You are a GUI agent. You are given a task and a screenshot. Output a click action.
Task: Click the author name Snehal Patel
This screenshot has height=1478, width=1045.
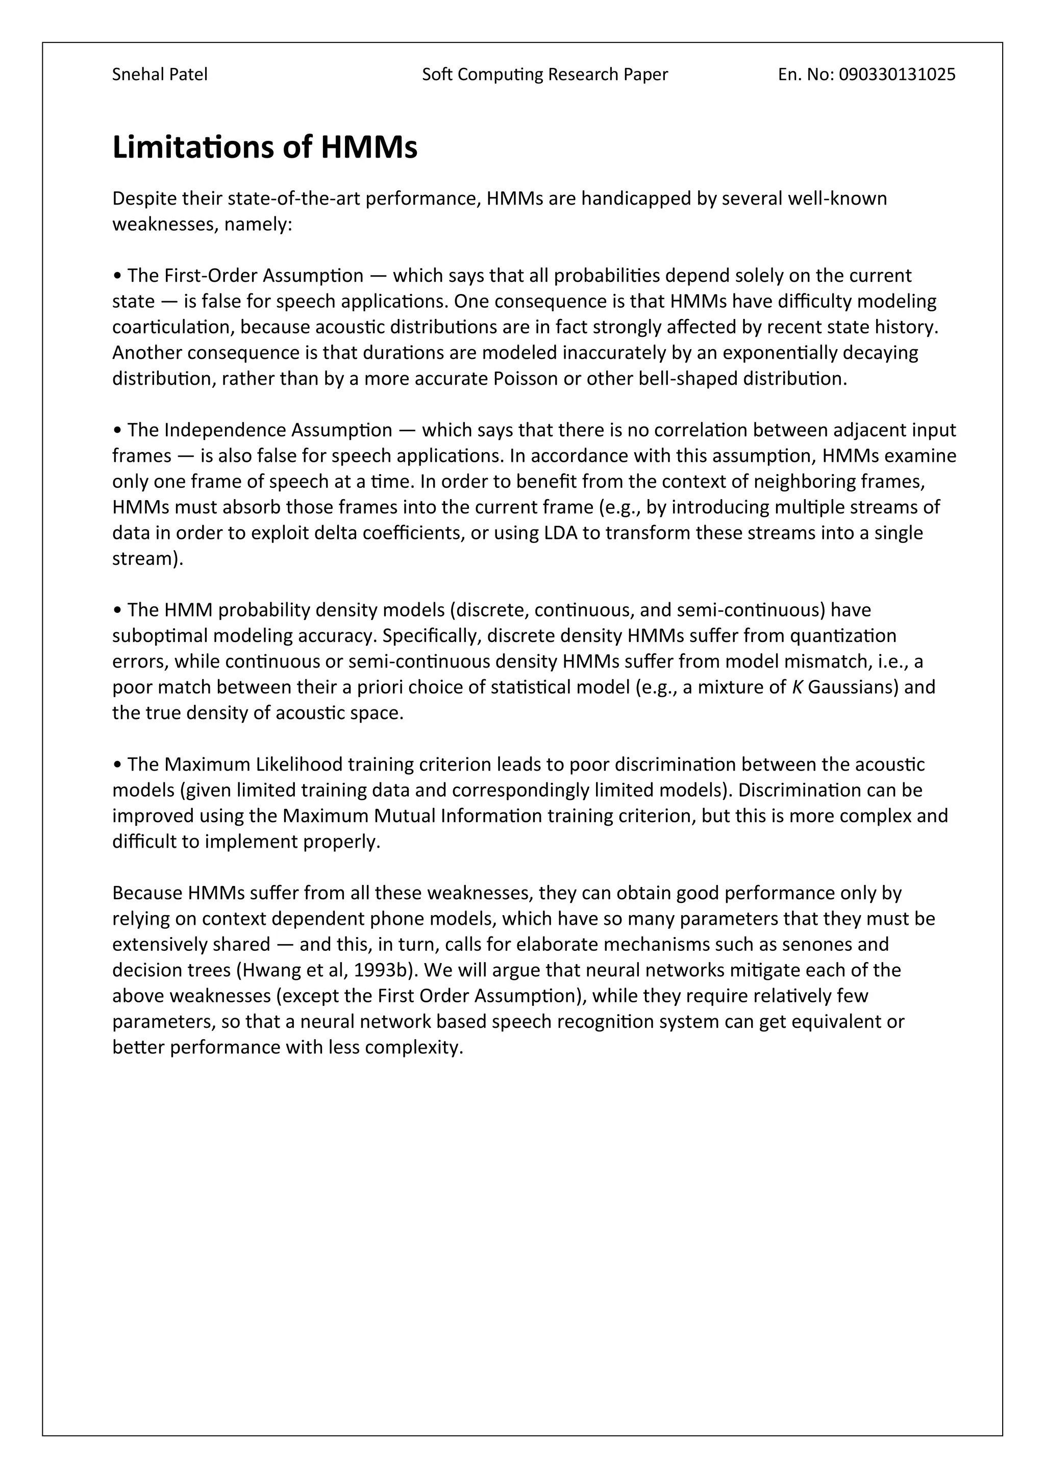click(x=160, y=75)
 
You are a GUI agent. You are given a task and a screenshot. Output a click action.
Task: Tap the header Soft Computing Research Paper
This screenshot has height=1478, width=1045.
click(x=545, y=75)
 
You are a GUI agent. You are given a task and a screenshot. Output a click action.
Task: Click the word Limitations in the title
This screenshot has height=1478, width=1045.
click(x=193, y=147)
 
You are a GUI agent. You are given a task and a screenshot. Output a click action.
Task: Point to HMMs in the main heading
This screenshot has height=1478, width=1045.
click(x=369, y=147)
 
